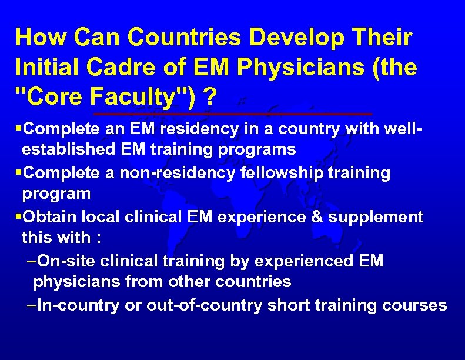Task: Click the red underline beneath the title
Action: [x=233, y=113]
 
